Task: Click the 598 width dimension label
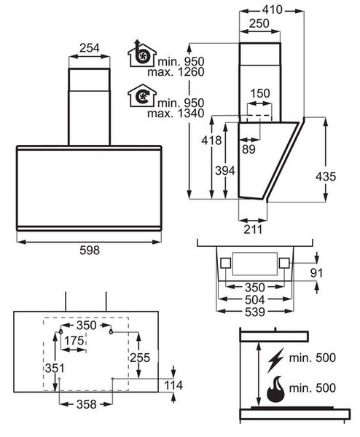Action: point(90,250)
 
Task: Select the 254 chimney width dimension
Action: point(89,48)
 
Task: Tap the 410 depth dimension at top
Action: point(272,10)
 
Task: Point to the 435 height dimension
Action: point(326,176)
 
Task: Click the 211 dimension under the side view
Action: point(253,229)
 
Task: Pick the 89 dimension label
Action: point(249,149)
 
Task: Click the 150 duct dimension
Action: point(260,93)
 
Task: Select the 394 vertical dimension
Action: point(225,170)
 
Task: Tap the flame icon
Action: point(275,389)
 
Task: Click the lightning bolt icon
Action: point(275,360)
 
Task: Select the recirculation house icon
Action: point(142,95)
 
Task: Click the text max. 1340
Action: point(176,114)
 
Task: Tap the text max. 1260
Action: point(176,72)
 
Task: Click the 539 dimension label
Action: point(255,312)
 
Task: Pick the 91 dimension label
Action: point(317,273)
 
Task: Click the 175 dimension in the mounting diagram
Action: point(74,340)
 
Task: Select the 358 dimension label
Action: point(87,403)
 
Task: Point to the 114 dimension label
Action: point(173,385)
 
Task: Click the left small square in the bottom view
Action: point(225,263)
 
